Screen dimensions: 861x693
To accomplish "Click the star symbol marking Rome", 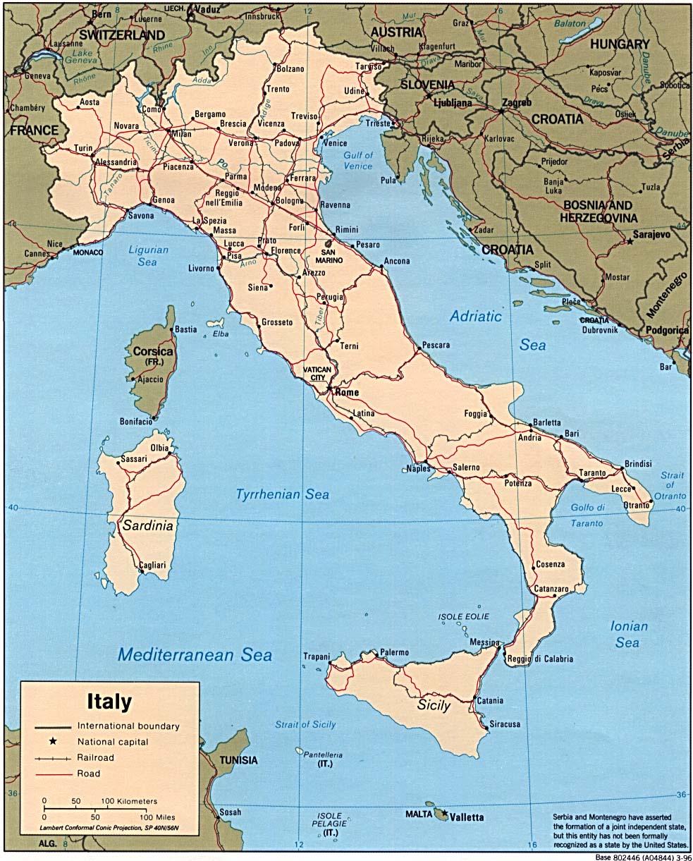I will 329,387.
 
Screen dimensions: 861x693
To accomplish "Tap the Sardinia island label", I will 147,525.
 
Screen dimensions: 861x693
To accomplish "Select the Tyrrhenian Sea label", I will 282,494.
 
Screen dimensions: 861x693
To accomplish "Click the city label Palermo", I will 394,652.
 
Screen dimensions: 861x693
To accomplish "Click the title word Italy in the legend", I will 109,702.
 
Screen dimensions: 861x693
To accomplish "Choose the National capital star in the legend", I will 51,741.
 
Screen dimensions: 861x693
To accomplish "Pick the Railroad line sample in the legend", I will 53,758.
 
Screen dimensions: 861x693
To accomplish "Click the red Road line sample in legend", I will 53,774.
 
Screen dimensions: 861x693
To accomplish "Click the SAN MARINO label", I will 329,256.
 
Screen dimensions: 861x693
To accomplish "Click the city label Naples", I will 418,468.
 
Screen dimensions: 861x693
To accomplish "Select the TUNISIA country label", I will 238,760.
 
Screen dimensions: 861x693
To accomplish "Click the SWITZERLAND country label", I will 122,34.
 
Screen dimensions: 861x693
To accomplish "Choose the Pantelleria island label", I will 324,755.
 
